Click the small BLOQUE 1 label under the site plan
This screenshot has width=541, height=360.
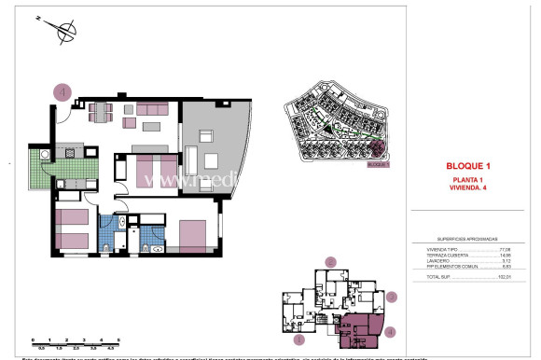point(376,164)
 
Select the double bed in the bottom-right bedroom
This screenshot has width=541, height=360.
point(192,235)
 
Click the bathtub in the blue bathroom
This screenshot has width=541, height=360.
point(108,235)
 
